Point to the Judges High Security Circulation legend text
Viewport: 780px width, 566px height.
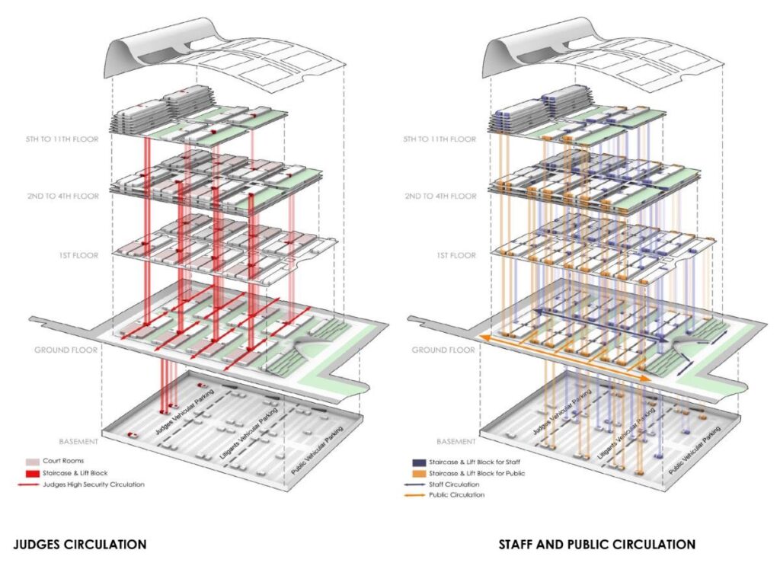click(96, 484)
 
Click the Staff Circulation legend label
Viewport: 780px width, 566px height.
click(456, 484)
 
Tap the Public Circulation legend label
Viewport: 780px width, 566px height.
click(458, 495)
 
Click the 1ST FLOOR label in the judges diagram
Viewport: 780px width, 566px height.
click(77, 256)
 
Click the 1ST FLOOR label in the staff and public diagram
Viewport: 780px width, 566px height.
click(454, 256)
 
